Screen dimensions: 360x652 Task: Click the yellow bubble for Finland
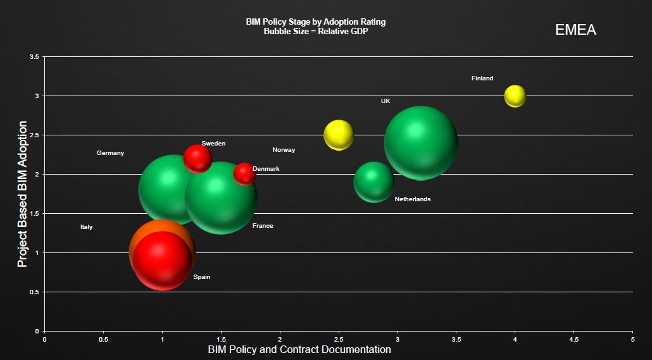pyautogui.click(x=515, y=96)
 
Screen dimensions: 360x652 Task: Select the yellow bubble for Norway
pyautogui.click(x=339, y=135)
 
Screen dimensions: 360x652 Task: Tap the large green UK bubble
pyautogui.click(x=420, y=142)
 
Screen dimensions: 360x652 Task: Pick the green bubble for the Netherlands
pyautogui.click(x=373, y=182)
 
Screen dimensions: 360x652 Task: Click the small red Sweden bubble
pyautogui.click(x=197, y=158)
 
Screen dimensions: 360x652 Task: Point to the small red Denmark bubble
pyautogui.click(x=244, y=173)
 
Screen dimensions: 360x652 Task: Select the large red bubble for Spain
pyautogui.click(x=163, y=261)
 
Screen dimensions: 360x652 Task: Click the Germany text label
pyautogui.click(x=110, y=153)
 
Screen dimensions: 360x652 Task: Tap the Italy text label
pyautogui.click(x=86, y=227)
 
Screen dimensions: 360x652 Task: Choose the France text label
pyautogui.click(x=263, y=226)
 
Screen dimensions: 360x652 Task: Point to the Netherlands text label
pyautogui.click(x=412, y=199)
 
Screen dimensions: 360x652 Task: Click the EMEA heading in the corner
pyautogui.click(x=575, y=30)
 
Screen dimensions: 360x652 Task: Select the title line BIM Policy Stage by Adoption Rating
pyautogui.click(x=315, y=22)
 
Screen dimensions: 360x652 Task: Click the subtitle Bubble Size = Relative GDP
pyautogui.click(x=315, y=32)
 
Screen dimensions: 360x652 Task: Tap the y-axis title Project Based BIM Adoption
pyautogui.click(x=23, y=194)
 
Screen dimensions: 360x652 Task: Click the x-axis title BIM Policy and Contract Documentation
pyautogui.click(x=299, y=349)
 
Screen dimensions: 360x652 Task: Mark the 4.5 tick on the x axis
pyautogui.click(x=574, y=339)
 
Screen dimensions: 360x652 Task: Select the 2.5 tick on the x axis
pyautogui.click(x=339, y=339)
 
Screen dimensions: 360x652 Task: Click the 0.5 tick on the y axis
pyautogui.click(x=34, y=292)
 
